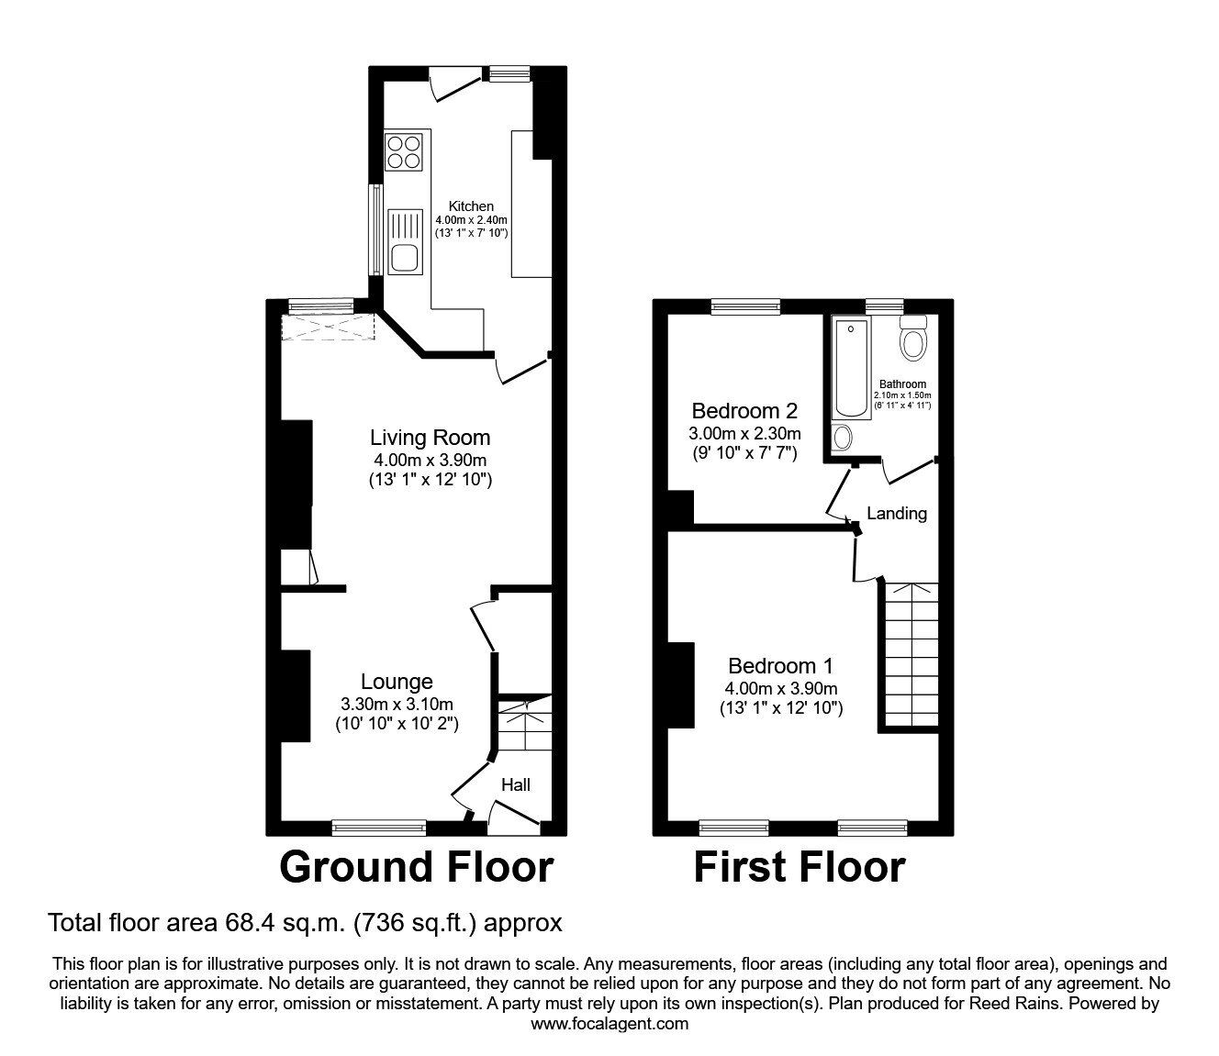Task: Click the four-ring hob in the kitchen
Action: (x=403, y=152)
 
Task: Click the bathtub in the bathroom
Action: (x=851, y=369)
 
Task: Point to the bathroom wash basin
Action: (x=842, y=438)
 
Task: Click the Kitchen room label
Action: (x=471, y=206)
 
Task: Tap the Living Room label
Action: (x=431, y=438)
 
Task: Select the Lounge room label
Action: (x=397, y=682)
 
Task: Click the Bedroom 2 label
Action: (x=744, y=410)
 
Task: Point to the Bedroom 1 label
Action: (x=781, y=666)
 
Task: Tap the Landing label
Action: (x=897, y=514)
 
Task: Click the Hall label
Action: (x=516, y=784)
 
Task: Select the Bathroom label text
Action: (x=903, y=384)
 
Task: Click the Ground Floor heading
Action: (x=417, y=867)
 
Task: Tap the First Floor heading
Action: (x=800, y=867)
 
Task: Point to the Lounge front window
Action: (x=378, y=828)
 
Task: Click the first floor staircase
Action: (x=911, y=654)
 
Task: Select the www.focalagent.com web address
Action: (x=609, y=1024)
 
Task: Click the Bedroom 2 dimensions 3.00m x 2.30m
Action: (x=744, y=435)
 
